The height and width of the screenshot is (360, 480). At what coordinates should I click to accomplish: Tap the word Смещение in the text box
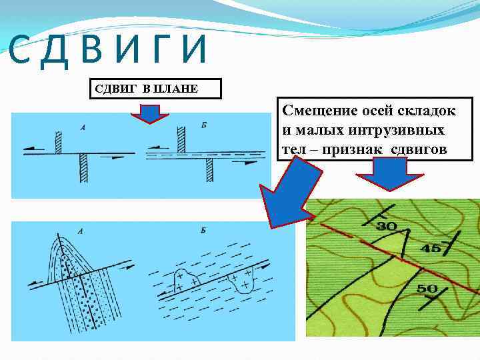[318, 109]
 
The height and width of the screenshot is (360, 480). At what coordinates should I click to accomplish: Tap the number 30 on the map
[387, 227]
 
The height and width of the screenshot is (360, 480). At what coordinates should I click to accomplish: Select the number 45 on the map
[431, 249]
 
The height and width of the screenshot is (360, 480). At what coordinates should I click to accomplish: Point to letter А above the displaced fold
[81, 231]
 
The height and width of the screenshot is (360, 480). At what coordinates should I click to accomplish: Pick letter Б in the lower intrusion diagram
[202, 231]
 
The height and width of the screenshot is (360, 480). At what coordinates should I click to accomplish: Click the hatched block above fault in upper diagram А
[59, 142]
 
